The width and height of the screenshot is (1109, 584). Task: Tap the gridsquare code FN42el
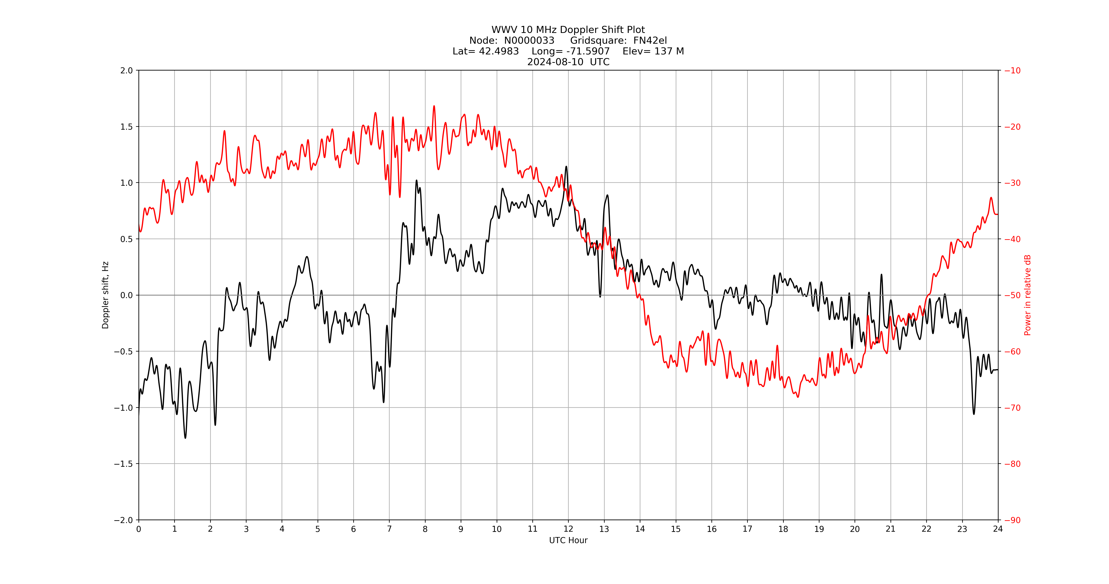pyautogui.click(x=650, y=40)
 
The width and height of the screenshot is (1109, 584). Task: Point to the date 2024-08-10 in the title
pyautogui.click(x=555, y=62)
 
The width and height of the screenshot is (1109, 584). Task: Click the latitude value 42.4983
pyautogui.click(x=499, y=51)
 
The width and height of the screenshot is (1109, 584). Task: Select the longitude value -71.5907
pyautogui.click(x=588, y=51)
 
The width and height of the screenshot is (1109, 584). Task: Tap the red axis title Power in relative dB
pyautogui.click(x=1028, y=295)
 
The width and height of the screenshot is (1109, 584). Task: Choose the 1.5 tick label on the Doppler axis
pyautogui.click(x=127, y=127)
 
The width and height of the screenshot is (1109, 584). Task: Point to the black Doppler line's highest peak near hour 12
pyautogui.click(x=566, y=167)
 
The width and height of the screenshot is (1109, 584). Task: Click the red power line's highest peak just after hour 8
pyautogui.click(x=434, y=106)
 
